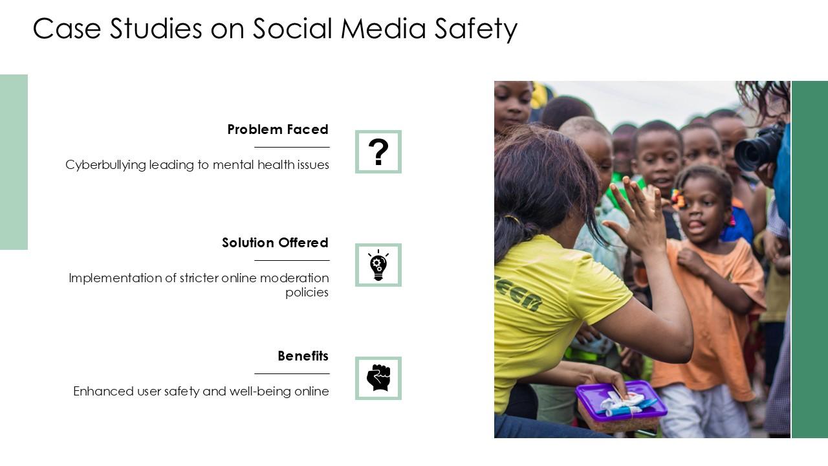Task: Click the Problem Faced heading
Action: point(278,129)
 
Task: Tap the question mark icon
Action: point(378,152)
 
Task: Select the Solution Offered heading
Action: point(275,243)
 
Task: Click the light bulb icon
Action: point(378,265)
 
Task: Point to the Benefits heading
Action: point(303,356)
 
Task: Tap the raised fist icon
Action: point(378,378)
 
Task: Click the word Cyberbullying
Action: point(105,165)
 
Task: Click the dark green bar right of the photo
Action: point(809,259)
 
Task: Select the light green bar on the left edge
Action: point(14,162)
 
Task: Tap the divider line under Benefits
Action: point(292,373)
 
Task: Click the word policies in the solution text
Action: point(307,293)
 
